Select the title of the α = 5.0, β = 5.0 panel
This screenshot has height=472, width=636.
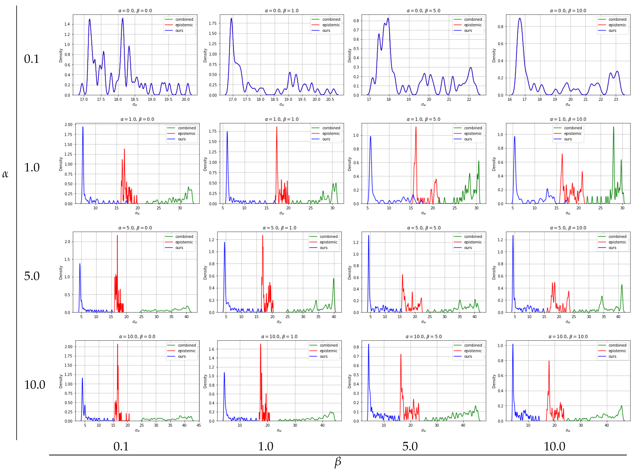[x=424, y=228]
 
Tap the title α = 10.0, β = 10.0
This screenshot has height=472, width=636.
[x=568, y=336]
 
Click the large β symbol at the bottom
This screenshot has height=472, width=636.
[x=338, y=462]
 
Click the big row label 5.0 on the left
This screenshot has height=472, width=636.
[x=32, y=276]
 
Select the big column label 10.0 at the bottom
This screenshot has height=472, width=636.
[x=554, y=446]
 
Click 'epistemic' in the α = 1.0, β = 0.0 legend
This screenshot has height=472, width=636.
[x=187, y=133]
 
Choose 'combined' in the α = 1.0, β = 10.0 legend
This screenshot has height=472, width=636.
[x=573, y=128]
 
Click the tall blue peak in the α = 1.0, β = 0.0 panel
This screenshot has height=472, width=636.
[x=83, y=127]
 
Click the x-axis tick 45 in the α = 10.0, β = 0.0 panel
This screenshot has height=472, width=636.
[x=199, y=425]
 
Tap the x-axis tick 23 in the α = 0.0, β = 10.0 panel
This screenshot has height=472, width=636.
[x=616, y=99]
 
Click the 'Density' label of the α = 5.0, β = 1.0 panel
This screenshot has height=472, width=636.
[x=205, y=273]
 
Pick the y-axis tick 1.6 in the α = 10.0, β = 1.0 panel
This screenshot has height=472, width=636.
[x=211, y=349]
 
